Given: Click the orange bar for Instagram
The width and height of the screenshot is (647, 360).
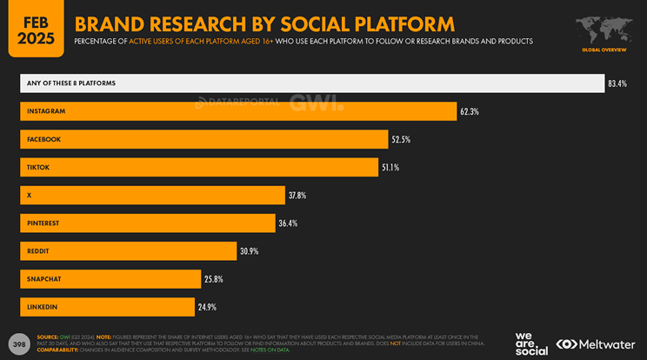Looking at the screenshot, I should [x=238, y=111].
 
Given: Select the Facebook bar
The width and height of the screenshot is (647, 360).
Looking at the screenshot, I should [x=203, y=139].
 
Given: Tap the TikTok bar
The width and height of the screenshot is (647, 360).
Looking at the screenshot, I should [x=199, y=167].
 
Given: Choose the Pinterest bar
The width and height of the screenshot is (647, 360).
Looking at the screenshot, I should [x=148, y=223].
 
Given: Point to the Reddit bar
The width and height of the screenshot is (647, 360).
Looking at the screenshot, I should [x=128, y=251].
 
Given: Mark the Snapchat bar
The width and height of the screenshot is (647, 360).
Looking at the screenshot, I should [x=110, y=279].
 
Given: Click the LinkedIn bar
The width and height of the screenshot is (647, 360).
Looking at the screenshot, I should [x=107, y=307].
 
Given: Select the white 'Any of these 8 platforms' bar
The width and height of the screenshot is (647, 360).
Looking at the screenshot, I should [x=311, y=83].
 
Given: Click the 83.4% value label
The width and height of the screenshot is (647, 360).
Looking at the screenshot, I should [x=617, y=83].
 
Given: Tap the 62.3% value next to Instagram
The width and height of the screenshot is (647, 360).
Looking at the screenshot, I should [x=470, y=111].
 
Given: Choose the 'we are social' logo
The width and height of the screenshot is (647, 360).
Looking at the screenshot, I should [x=531, y=343].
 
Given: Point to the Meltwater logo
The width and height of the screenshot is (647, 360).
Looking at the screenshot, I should [x=596, y=343].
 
